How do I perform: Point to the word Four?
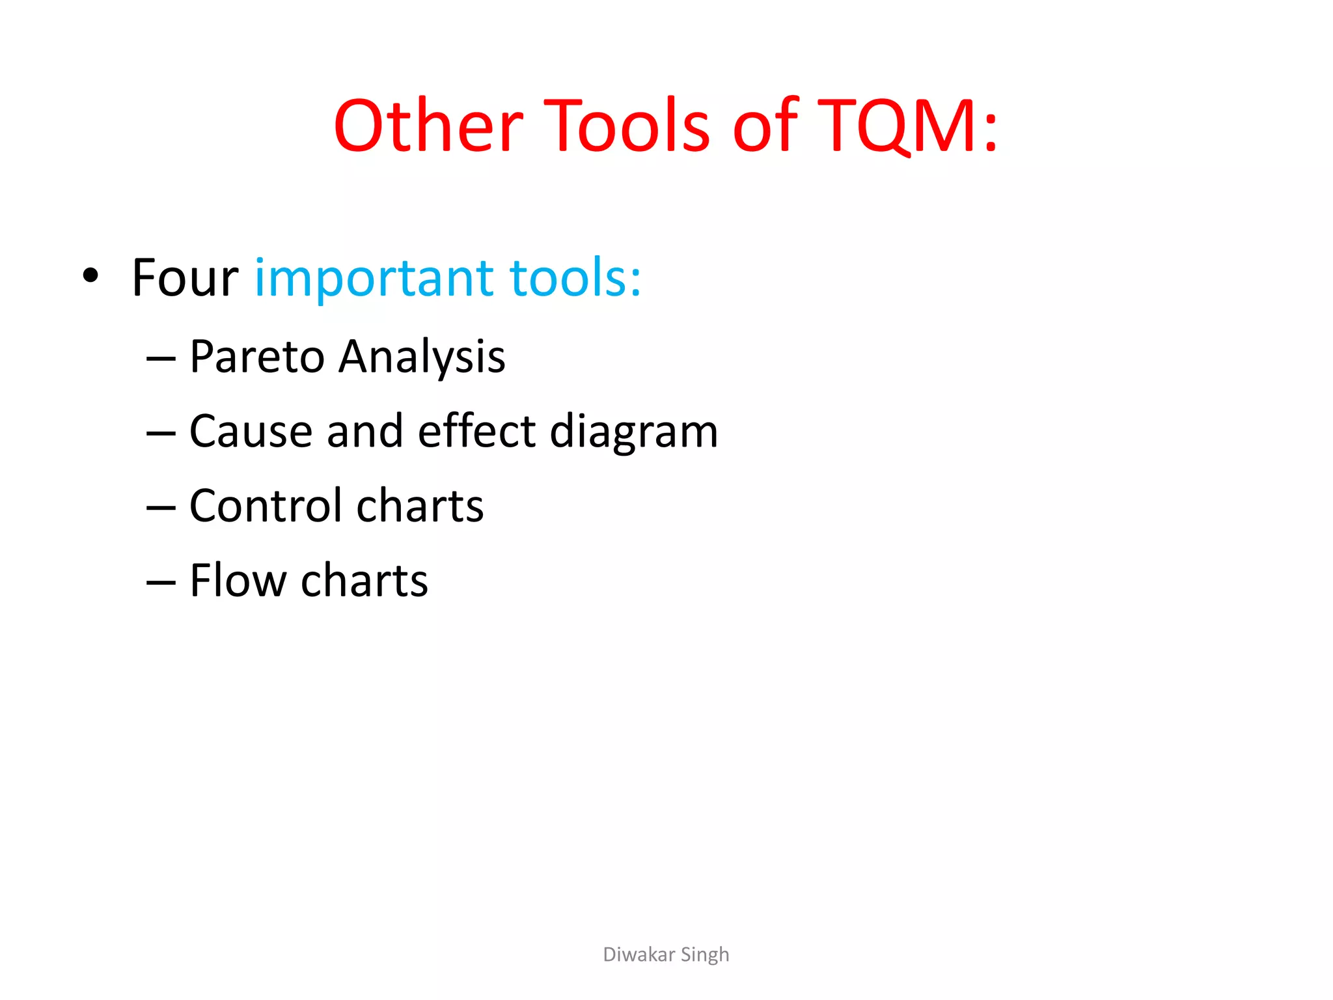[185, 279]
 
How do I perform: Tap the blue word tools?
[575, 279]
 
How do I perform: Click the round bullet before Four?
[90, 276]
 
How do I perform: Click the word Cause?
[251, 432]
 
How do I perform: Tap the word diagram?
[634, 433]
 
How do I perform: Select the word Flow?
[238, 581]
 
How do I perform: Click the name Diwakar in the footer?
[639, 954]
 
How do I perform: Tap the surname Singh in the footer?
[705, 955]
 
